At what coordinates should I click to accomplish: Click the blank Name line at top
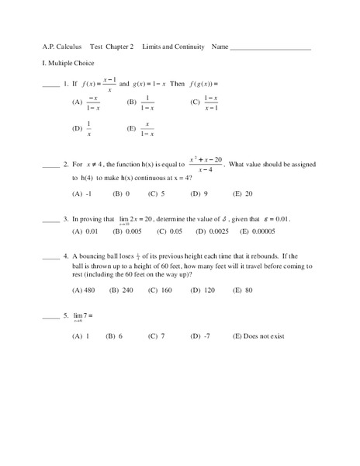click(x=271, y=49)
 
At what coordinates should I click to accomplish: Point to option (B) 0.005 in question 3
click(x=127, y=231)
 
